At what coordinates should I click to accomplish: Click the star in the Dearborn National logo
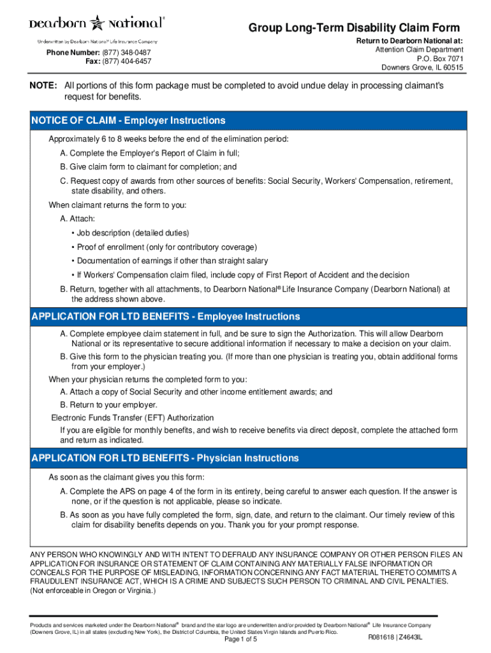(x=98, y=24)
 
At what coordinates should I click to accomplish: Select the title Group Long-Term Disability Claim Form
(x=354, y=28)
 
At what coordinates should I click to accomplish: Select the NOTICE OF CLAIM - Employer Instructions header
(x=128, y=121)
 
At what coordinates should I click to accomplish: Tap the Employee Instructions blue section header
(x=165, y=317)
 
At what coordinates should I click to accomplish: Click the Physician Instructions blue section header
(x=165, y=459)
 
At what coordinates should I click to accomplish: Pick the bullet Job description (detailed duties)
(x=133, y=233)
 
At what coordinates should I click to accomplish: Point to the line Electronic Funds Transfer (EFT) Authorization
(x=133, y=418)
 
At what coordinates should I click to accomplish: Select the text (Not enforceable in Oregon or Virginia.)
(x=92, y=591)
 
